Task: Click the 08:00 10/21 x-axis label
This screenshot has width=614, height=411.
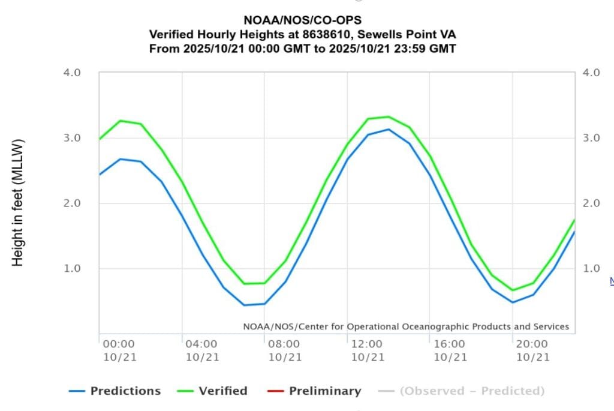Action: pyautogui.click(x=284, y=350)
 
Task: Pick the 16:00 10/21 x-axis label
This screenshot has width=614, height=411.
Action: pyautogui.click(x=450, y=350)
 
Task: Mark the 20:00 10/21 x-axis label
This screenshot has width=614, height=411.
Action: pyautogui.click(x=532, y=350)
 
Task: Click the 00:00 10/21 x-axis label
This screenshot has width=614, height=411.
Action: pyautogui.click(x=119, y=350)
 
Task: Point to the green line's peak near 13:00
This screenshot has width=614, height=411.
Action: pyautogui.click(x=388, y=117)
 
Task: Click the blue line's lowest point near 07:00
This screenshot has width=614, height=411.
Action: pyautogui.click(x=244, y=305)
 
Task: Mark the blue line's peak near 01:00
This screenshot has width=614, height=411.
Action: pyautogui.click(x=121, y=159)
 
